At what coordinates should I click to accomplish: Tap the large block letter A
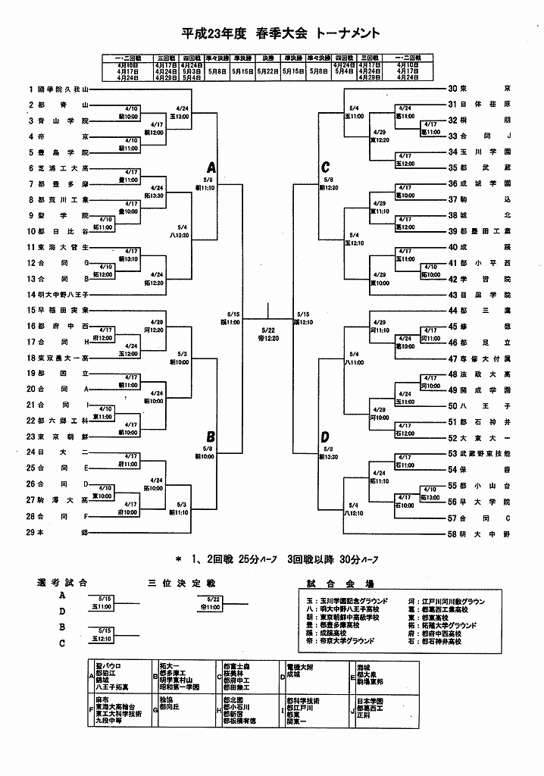(211, 168)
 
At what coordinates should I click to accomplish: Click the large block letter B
(211, 436)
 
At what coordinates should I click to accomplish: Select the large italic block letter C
(325, 167)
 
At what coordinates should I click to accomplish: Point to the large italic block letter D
(325, 437)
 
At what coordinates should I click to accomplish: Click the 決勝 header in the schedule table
(267, 57)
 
